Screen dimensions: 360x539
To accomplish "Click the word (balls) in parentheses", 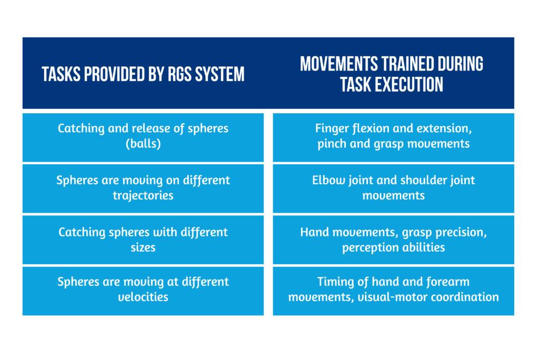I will pyautogui.click(x=143, y=144).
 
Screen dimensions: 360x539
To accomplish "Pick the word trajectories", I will pyautogui.click(x=143, y=195).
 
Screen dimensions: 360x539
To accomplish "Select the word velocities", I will pyautogui.click(x=143, y=297).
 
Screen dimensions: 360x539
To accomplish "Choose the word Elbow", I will pyautogui.click(x=327, y=180).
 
